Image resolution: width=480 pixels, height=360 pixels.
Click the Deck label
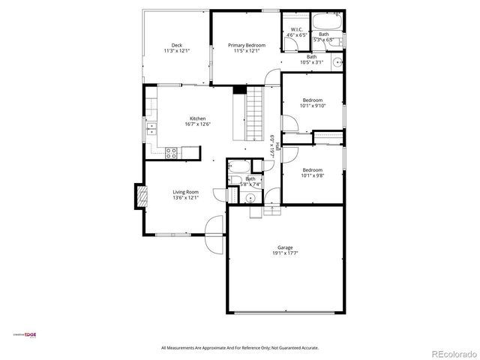177,45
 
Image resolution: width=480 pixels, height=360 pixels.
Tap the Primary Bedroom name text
247,45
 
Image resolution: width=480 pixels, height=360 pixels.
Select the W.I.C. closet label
297,30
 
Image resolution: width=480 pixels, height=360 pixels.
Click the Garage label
285,247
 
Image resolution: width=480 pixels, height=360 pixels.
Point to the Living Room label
186,192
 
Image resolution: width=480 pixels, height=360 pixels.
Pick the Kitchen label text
197,118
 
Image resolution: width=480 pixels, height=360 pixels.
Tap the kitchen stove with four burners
171,153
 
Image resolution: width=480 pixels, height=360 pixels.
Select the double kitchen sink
151,127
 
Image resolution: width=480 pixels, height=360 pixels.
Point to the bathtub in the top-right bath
325,21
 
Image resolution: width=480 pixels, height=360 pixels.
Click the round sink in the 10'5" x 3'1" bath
337,61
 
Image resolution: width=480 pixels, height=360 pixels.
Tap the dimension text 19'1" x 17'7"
285,253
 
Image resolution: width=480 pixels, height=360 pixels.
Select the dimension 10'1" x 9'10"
312,106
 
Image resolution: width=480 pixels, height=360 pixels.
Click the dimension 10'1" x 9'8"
312,175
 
